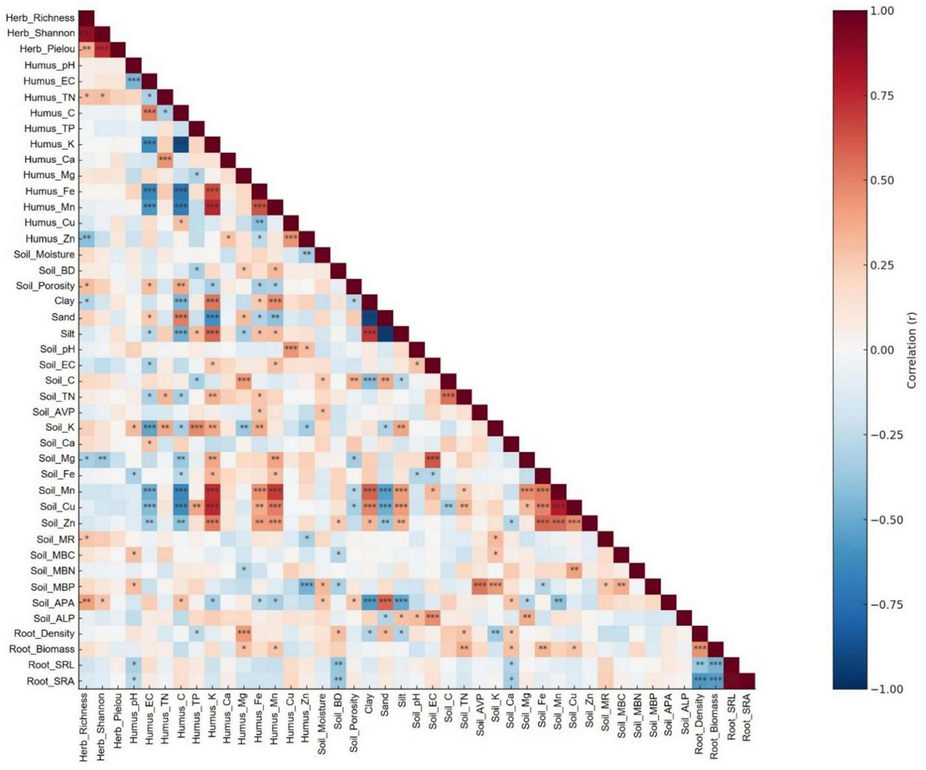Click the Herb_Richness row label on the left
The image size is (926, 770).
pyautogui.click(x=40, y=18)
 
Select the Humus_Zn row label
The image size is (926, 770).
pyautogui.click(x=50, y=239)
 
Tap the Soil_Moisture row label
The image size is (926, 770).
pyautogui.click(x=44, y=255)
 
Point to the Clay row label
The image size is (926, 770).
pyautogui.click(x=64, y=301)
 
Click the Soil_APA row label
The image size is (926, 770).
pyautogui.click(x=53, y=603)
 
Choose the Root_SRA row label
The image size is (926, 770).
pyautogui.click(x=51, y=681)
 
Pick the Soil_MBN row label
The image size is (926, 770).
pyautogui.click(x=52, y=571)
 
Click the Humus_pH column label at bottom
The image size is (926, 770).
pyautogui.click(x=134, y=719)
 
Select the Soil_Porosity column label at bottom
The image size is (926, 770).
pyautogui.click(x=354, y=723)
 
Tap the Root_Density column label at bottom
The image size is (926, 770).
pyautogui.click(x=699, y=724)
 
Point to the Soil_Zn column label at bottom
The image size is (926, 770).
pyautogui.click(x=589, y=713)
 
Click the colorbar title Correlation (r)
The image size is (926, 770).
pyautogui.click(x=912, y=350)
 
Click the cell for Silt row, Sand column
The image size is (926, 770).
pyautogui.click(x=385, y=333)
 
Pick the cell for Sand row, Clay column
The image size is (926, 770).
pyautogui.click(x=369, y=317)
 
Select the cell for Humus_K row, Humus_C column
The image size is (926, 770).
pyautogui.click(x=181, y=144)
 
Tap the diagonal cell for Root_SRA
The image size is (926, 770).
pyautogui.click(x=747, y=681)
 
